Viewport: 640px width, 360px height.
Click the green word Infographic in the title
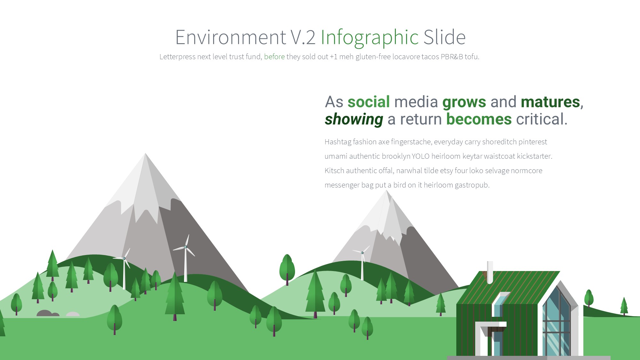[370, 38]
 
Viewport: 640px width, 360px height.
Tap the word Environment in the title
[231, 37]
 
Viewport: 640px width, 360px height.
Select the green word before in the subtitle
[274, 57]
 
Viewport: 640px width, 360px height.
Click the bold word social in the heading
[369, 102]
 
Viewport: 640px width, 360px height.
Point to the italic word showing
[354, 119]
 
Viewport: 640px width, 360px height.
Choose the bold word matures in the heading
[550, 102]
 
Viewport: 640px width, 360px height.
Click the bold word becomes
[479, 119]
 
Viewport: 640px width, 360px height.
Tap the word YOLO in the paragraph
[420, 156]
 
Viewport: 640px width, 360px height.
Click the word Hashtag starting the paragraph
[338, 142]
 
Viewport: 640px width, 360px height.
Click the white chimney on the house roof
[490, 272]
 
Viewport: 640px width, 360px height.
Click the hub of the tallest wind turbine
[185, 247]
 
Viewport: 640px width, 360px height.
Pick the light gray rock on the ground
[73, 314]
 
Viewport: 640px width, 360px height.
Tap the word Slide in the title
[444, 37]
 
